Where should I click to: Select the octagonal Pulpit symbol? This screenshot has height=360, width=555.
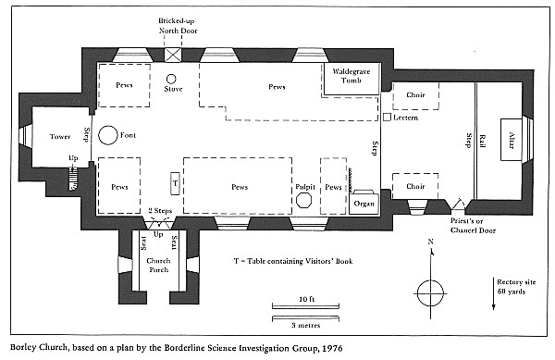pyautogui.click(x=303, y=200)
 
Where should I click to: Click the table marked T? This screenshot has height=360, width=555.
pyautogui.click(x=175, y=183)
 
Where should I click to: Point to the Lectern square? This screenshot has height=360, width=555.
pyautogui.click(x=388, y=117)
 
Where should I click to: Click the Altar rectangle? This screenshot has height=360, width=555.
pyautogui.click(x=511, y=140)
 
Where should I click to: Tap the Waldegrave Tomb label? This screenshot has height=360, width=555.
pyautogui.click(x=351, y=76)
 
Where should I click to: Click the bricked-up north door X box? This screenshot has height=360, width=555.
pyautogui.click(x=173, y=56)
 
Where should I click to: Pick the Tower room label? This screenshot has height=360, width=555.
pyautogui.click(x=60, y=136)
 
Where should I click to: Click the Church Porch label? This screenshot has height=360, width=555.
pyautogui.click(x=158, y=265)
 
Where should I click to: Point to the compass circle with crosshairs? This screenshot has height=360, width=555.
pyautogui.click(x=430, y=293)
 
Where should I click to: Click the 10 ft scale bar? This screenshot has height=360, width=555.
pyautogui.click(x=305, y=305)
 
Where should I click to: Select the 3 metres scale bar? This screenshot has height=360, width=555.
pyautogui.click(x=305, y=318)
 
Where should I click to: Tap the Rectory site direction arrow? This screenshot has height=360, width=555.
pyautogui.click(x=493, y=293)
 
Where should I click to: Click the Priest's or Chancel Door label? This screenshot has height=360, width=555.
pyautogui.click(x=473, y=226)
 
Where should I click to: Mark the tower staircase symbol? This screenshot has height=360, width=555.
pyautogui.click(x=73, y=180)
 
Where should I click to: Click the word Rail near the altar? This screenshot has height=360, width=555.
pyautogui.click(x=482, y=141)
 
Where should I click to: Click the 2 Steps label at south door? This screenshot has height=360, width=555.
pyautogui.click(x=160, y=211)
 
